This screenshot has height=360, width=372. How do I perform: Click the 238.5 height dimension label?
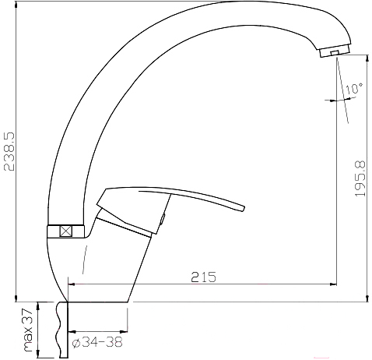pyautogui.click(x=9, y=151)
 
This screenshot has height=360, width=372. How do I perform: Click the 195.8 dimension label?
pyautogui.click(x=360, y=178)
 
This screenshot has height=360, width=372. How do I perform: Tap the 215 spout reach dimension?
pyautogui.click(x=204, y=277)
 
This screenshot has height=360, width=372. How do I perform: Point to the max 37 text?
pyautogui.click(x=28, y=330)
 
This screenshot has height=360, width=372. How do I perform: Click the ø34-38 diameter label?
pyautogui.click(x=97, y=342)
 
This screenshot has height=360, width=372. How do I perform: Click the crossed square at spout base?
pyautogui.click(x=66, y=231)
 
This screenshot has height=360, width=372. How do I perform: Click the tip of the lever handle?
pyautogui.click(x=243, y=208)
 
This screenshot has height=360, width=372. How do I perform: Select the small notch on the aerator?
pyautogui.click(x=335, y=53)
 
